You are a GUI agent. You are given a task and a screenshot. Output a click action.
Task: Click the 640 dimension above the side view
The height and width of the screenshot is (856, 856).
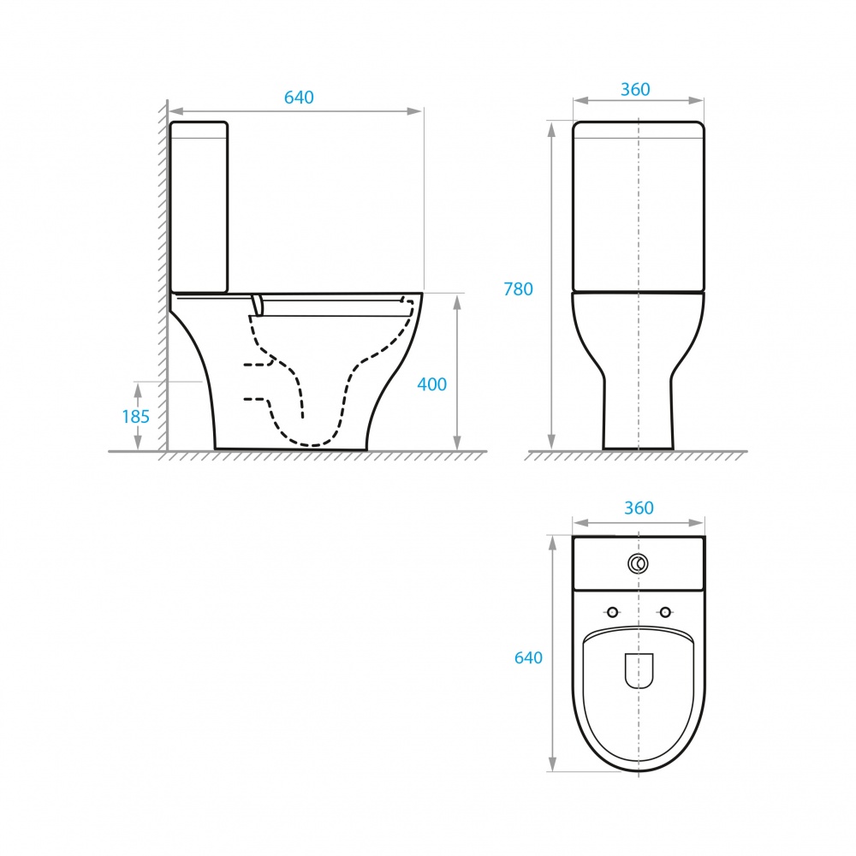click(x=299, y=98)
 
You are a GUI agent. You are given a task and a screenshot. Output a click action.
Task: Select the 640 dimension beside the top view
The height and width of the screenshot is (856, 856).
click(x=528, y=657)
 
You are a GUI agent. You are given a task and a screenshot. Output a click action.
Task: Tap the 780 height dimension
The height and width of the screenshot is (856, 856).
click(x=518, y=289)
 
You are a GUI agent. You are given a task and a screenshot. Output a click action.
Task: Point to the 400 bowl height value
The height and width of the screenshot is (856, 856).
click(x=431, y=384)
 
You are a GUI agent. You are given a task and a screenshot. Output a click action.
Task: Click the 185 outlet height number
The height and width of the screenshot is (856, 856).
click(x=135, y=417)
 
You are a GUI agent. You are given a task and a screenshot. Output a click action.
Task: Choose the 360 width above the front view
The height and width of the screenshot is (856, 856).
click(x=635, y=89)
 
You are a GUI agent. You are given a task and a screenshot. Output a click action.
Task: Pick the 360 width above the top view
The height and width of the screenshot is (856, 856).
click(x=639, y=508)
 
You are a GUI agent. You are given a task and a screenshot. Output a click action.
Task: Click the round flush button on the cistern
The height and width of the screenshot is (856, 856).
click(x=638, y=563)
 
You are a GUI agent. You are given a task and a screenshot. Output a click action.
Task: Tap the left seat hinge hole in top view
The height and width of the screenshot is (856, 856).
click(x=612, y=611)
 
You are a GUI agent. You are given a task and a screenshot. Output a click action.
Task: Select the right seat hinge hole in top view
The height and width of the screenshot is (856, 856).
click(x=665, y=611)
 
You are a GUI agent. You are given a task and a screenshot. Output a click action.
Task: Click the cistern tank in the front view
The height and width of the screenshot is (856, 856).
click(x=639, y=205)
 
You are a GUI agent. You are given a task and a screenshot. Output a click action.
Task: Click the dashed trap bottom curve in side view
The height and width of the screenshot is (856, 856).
click(x=312, y=443)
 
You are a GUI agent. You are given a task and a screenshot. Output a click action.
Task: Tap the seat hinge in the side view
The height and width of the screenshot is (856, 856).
click(x=257, y=304)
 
